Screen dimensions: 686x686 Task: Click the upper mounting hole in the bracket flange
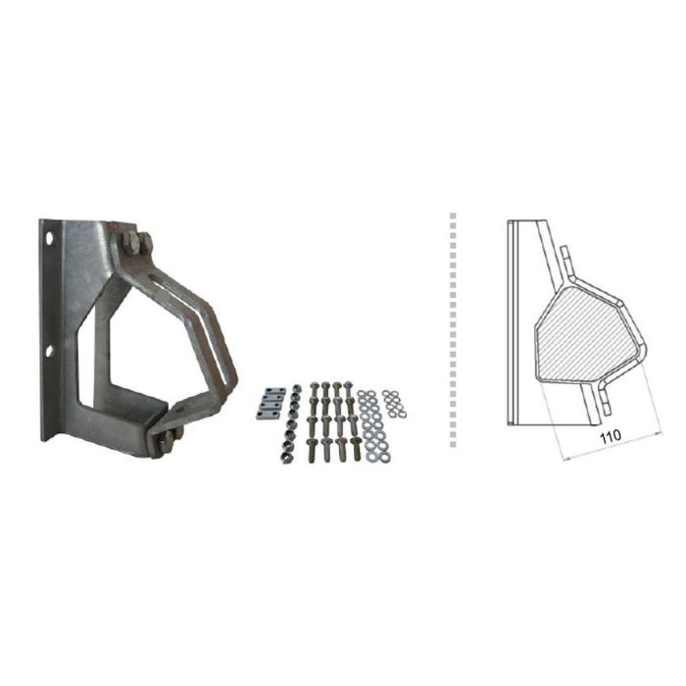[49, 238]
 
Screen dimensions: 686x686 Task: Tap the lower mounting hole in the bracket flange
[49, 351]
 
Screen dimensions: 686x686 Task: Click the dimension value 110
[610, 437]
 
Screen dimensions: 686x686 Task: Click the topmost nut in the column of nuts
[296, 388]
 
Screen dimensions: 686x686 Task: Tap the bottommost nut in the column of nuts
[285, 458]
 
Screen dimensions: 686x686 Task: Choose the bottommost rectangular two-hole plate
[266, 415]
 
